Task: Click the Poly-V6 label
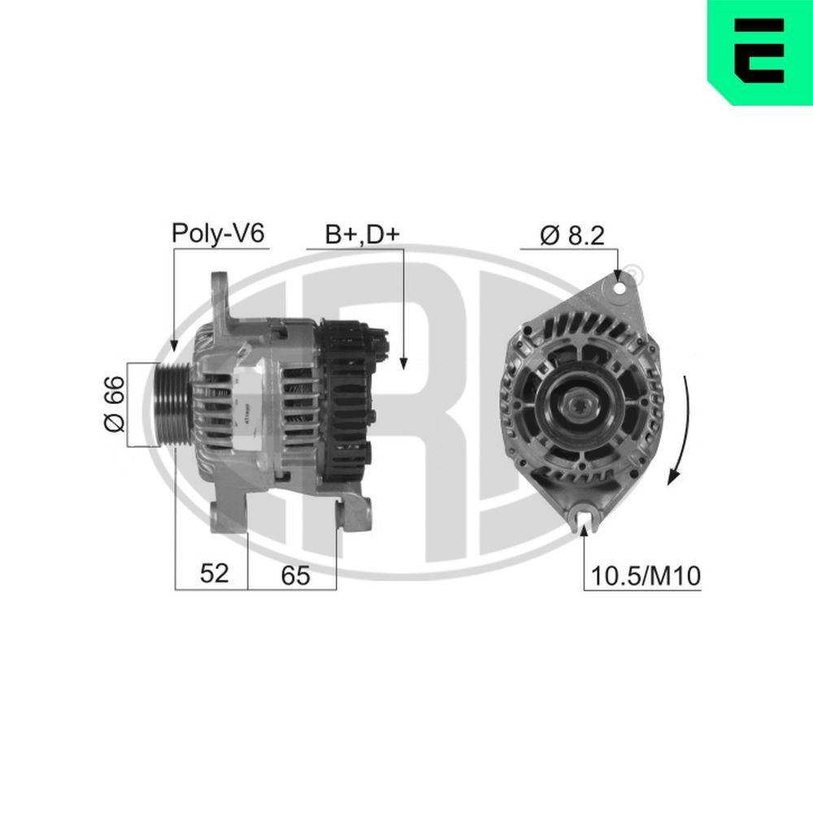[218, 234]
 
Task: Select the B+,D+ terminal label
[363, 234]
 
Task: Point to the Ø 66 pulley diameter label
[114, 403]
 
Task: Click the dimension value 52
[215, 574]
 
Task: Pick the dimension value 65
[296, 575]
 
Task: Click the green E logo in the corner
[759, 52]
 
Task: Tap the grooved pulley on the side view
[167, 403]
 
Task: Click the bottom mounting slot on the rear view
[585, 515]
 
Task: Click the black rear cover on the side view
[346, 402]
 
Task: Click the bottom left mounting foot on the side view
[224, 517]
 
